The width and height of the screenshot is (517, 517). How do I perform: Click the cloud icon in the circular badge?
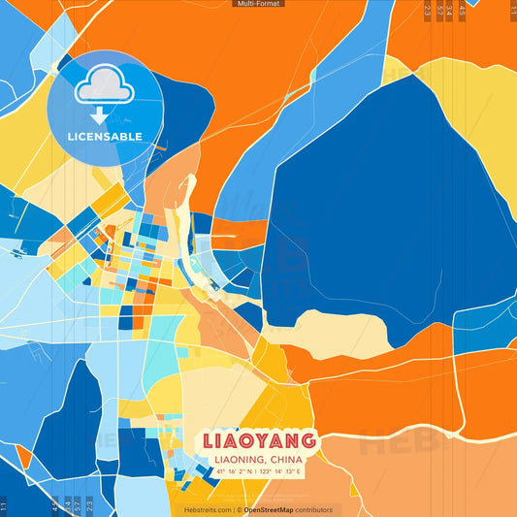[101, 85]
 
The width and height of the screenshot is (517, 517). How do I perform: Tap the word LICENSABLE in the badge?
[105, 137]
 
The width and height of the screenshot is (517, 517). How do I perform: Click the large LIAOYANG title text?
[259, 439]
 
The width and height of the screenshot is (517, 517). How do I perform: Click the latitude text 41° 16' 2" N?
[236, 471]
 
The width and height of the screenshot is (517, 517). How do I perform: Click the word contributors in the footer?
[312, 509]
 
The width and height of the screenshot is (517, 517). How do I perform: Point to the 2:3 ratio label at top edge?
[428, 10]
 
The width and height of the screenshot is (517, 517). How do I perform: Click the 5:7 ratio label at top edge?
[439, 10]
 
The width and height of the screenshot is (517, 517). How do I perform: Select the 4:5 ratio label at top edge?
[462, 10]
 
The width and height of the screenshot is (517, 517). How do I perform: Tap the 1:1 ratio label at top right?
[513, 10]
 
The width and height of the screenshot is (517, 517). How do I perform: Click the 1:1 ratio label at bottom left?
[4, 506]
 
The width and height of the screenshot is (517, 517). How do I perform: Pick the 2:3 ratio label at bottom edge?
[89, 506]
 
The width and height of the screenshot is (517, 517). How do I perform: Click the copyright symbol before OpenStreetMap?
[239, 509]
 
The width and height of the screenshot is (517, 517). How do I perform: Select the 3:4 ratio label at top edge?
[449, 10]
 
